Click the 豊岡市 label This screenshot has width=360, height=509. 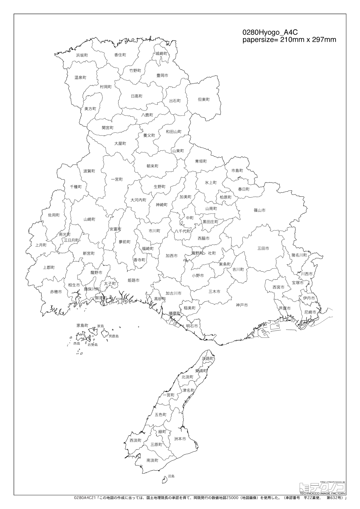coord(162,75)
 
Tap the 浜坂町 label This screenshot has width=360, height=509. coord(82,55)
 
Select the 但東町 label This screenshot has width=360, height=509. coord(204,100)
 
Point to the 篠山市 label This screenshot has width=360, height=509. coord(259,210)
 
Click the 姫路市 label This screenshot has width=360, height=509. coord(134,280)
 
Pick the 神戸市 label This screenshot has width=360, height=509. coord(242,305)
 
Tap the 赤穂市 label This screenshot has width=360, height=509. coord(56,292)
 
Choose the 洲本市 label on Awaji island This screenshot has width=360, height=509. coord(180,439)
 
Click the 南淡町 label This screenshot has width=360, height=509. coord(152,460)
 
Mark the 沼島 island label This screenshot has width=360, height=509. coord(171,476)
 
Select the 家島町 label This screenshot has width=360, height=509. coord(82,326)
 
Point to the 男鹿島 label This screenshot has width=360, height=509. coord(114,336)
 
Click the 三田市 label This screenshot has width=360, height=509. coord(263,248)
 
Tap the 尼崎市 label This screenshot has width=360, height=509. coord(310,312)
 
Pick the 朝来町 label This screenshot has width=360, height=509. coord(152,166)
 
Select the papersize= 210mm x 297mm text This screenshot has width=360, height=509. coord(289,40)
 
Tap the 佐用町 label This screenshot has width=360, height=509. coord(54,215)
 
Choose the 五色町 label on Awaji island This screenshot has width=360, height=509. coord(161,415)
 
